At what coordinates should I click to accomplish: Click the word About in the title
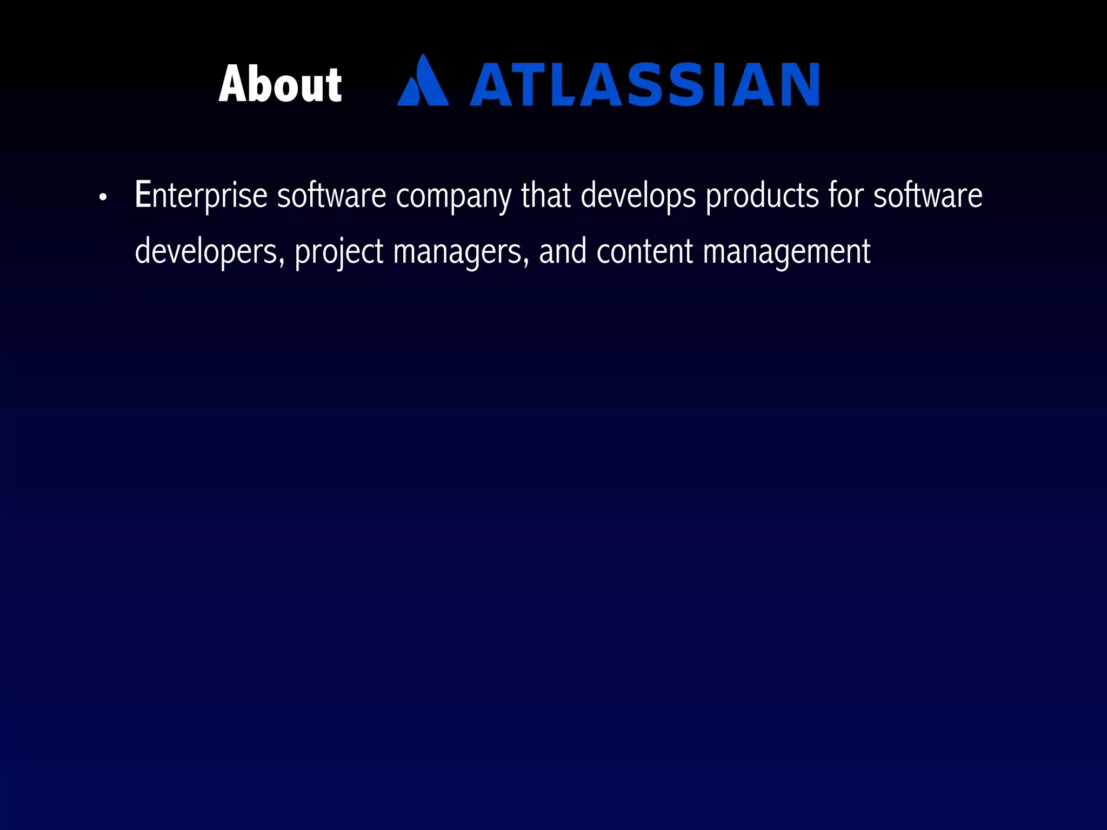click(x=280, y=84)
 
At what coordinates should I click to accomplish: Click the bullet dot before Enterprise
click(x=103, y=198)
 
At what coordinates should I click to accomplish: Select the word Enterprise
click(x=201, y=196)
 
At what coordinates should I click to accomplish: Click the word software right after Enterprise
click(x=331, y=196)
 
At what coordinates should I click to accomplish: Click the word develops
click(x=638, y=196)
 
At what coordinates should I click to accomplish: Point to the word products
click(x=762, y=196)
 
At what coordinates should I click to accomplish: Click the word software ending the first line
click(x=928, y=196)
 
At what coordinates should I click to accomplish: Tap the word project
click(x=339, y=252)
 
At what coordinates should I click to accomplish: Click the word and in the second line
click(x=562, y=251)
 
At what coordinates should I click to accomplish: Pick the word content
click(x=644, y=251)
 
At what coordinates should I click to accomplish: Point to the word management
click(x=786, y=252)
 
